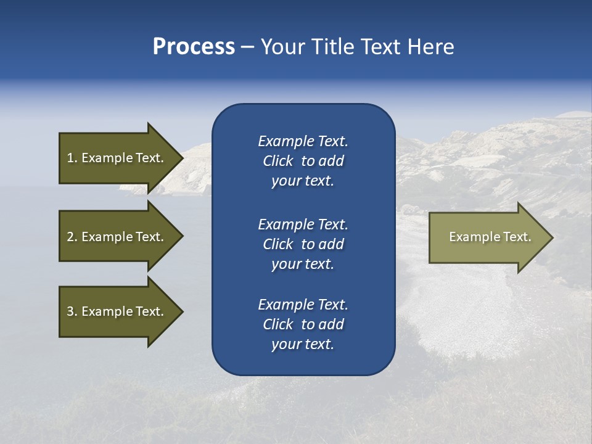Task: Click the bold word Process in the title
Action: click(194, 47)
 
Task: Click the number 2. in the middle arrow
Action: click(72, 237)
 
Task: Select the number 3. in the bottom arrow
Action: click(72, 311)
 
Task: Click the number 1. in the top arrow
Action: click(72, 158)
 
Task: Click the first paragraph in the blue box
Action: click(303, 161)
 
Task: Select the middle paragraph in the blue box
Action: click(303, 244)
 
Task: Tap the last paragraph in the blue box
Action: click(303, 324)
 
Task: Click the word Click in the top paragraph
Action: click(278, 161)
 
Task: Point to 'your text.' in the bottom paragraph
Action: click(303, 344)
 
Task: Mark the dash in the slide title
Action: click(247, 47)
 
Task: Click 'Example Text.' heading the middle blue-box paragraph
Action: click(303, 224)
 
